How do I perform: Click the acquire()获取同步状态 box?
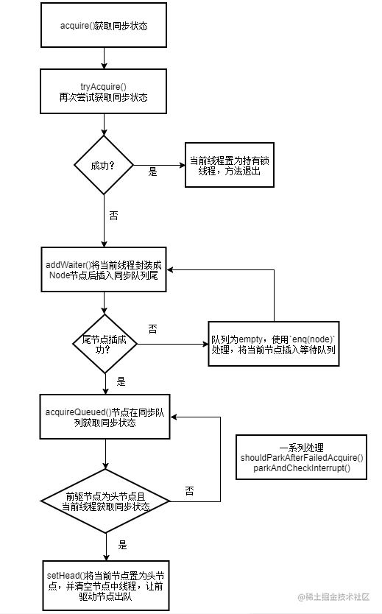(x=104, y=25)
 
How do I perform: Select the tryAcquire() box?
(x=103, y=91)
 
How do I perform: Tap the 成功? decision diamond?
(x=104, y=165)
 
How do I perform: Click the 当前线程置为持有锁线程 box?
(x=230, y=165)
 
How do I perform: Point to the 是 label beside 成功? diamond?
(x=152, y=172)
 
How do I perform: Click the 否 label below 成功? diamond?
(x=113, y=216)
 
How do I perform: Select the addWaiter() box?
(x=104, y=269)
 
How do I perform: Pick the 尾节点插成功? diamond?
(x=105, y=344)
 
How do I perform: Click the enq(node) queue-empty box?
(x=274, y=344)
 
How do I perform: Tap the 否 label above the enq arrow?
(x=152, y=329)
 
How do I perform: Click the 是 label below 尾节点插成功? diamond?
(x=121, y=381)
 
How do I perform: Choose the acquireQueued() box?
(x=105, y=417)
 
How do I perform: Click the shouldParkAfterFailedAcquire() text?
(x=302, y=458)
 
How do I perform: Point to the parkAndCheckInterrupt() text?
(x=302, y=468)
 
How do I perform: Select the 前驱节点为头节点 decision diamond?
(x=106, y=501)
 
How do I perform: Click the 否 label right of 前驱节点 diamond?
(x=189, y=491)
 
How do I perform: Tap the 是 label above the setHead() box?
(x=122, y=545)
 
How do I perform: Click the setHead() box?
(x=106, y=585)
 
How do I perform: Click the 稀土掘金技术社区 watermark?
(x=334, y=597)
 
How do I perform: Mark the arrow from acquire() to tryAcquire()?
(x=104, y=58)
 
